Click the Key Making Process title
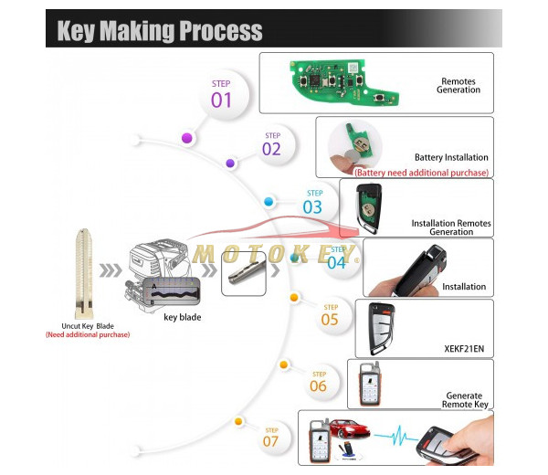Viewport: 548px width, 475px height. click(x=160, y=30)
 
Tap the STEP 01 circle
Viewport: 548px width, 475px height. click(x=222, y=95)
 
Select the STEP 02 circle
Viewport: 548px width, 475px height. click(x=271, y=145)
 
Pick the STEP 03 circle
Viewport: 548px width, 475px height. click(x=313, y=203)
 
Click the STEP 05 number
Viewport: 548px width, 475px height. click(x=329, y=318)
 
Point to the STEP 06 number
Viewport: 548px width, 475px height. click(x=317, y=385)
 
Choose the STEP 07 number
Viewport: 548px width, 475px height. click(x=271, y=441)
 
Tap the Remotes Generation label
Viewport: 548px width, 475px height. click(x=458, y=86)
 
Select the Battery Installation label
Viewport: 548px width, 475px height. click(x=451, y=157)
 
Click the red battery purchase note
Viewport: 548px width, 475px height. click(x=422, y=173)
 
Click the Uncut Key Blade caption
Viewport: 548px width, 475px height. click(x=88, y=325)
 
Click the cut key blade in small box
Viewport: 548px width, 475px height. click(x=244, y=273)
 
